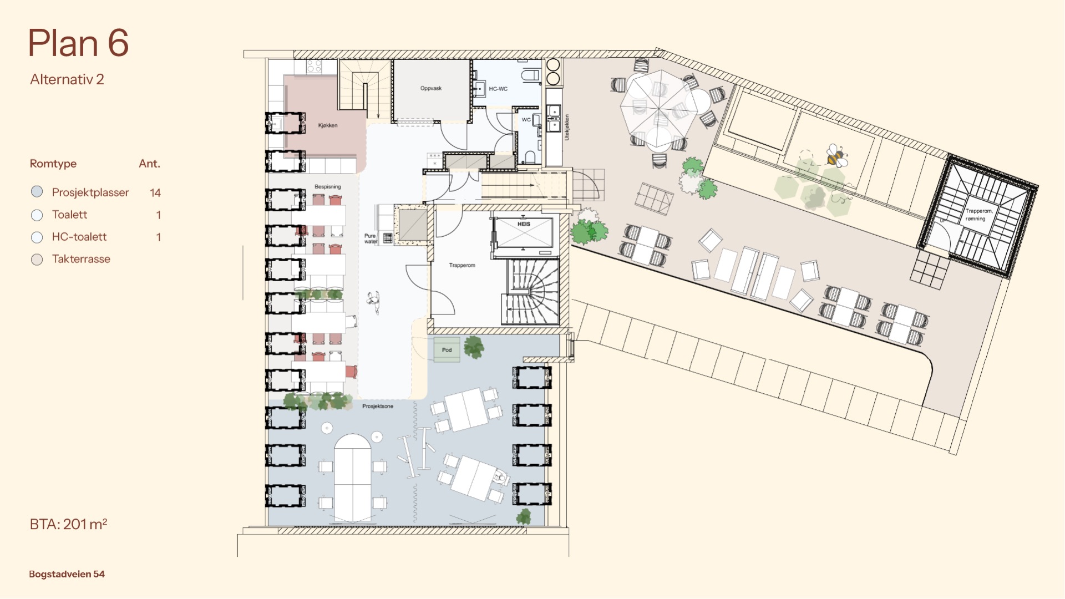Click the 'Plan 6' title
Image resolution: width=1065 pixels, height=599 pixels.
78,43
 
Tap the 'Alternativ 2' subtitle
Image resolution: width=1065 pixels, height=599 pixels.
67,79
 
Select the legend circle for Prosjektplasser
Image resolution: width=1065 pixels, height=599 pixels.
37,192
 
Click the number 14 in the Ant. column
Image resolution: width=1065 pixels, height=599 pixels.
155,192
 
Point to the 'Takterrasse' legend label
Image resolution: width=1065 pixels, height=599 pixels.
81,259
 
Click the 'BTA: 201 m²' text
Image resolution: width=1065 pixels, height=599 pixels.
68,524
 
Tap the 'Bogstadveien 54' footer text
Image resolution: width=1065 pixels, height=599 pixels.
67,574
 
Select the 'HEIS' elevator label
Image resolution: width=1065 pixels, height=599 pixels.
524,224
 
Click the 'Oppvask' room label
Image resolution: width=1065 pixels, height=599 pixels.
431,88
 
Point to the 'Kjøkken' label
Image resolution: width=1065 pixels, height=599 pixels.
328,125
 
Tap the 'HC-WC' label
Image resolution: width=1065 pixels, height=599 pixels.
498,89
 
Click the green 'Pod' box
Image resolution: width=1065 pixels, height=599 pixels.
447,349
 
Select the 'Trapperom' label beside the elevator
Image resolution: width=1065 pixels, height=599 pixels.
462,265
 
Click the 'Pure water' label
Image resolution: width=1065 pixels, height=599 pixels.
371,238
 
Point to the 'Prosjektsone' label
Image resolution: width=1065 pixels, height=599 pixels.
378,406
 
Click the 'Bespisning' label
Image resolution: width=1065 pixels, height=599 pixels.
328,186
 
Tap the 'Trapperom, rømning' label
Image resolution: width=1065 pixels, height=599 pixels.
978,215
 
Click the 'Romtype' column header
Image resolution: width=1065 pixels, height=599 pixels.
53,164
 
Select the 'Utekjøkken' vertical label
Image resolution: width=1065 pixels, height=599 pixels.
566,127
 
